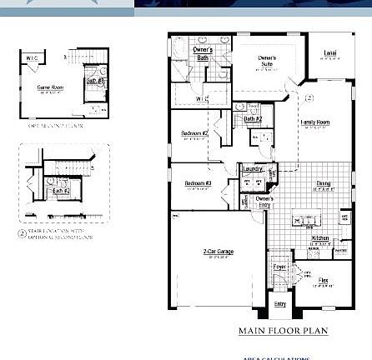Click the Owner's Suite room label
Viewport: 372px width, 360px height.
(x=266, y=60)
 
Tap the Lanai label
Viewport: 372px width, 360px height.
(x=329, y=54)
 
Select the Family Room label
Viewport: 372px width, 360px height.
(x=315, y=122)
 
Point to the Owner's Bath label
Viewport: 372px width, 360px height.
(x=202, y=53)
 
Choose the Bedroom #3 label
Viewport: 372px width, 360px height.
(x=198, y=182)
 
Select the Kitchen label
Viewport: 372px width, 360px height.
(x=319, y=238)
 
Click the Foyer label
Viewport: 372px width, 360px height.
(x=279, y=267)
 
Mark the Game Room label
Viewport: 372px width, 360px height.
(x=51, y=86)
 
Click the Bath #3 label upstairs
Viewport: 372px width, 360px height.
(x=93, y=82)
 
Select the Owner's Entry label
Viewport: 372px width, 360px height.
(x=264, y=201)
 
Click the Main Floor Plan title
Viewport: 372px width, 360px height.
(x=283, y=331)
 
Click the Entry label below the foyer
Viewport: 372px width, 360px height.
(x=280, y=304)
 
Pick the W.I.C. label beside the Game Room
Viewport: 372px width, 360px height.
(x=33, y=58)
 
